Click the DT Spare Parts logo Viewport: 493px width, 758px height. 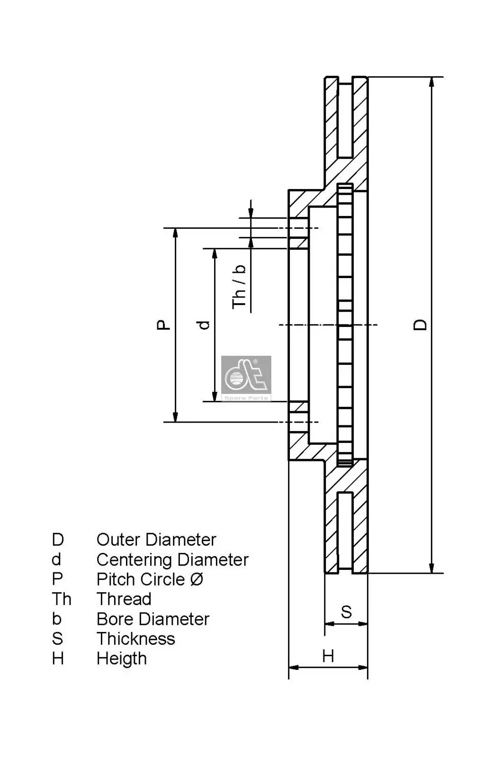(x=246, y=378)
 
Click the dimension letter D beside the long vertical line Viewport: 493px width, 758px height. (x=420, y=325)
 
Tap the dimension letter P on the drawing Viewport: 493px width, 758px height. (x=163, y=325)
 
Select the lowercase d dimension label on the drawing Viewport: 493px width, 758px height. (x=204, y=325)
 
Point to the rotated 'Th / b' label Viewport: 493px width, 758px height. (x=239, y=287)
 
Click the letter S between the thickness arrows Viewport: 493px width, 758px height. (x=346, y=612)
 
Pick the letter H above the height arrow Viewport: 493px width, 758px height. (x=328, y=656)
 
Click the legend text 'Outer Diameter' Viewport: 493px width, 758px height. (x=156, y=540)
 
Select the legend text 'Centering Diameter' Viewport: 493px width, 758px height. (x=172, y=559)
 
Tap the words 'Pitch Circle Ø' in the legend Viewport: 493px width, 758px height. (x=150, y=579)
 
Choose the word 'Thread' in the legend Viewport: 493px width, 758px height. (x=124, y=599)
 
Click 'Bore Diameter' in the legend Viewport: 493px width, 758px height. (x=153, y=619)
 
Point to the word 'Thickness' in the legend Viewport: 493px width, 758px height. (x=136, y=639)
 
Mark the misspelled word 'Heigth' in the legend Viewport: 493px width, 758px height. (x=122, y=659)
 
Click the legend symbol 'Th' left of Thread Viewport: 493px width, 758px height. (x=62, y=599)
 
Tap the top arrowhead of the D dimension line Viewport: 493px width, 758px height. (x=431, y=82)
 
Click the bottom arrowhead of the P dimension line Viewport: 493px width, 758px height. (x=175, y=416)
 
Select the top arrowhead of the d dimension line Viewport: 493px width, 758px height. (x=215, y=253)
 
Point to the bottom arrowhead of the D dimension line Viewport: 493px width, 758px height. (x=431, y=568)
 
